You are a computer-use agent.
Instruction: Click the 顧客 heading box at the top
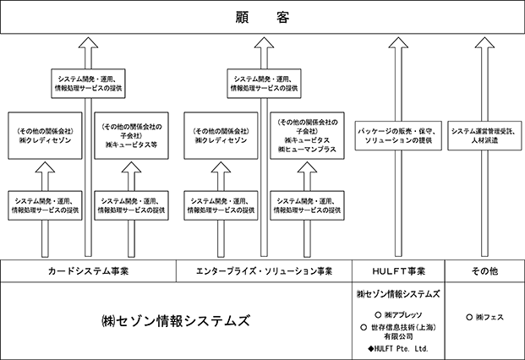coord(262,17)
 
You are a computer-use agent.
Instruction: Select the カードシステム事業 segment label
coord(89,271)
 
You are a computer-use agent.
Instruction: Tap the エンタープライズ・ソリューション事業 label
coord(264,271)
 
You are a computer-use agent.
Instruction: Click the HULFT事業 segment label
coord(398,271)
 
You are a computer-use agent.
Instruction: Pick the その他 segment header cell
coord(484,271)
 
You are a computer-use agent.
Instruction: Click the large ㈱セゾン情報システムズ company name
coord(176,321)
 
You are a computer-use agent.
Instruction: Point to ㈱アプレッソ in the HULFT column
coord(403,315)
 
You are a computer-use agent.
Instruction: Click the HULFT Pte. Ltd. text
coord(401,349)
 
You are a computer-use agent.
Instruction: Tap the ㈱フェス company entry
coord(489,317)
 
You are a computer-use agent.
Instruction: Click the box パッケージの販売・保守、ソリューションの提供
coord(398,135)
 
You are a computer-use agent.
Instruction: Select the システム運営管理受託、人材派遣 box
coord(484,135)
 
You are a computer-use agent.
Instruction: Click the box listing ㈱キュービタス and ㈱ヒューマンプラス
coord(308,135)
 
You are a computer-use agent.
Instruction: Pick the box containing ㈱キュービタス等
coord(132,135)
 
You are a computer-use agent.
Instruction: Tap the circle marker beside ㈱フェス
coord(469,317)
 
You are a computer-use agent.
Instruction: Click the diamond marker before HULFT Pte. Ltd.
coord(370,349)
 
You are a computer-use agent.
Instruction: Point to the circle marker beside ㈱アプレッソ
coord(378,315)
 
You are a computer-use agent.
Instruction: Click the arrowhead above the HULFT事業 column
coord(398,42)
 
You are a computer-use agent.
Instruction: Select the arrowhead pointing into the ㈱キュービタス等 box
coord(132,167)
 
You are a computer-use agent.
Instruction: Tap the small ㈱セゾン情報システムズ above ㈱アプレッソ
coord(398,294)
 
